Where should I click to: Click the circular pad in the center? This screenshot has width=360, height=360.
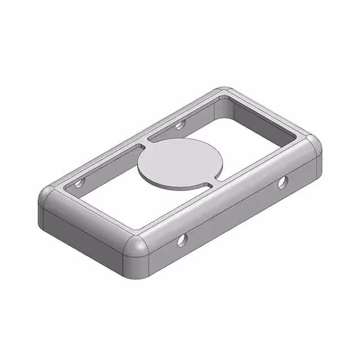[x=179, y=162]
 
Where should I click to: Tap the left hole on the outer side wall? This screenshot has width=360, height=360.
[x=182, y=241]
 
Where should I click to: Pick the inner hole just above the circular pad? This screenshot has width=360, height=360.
[x=180, y=125]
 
